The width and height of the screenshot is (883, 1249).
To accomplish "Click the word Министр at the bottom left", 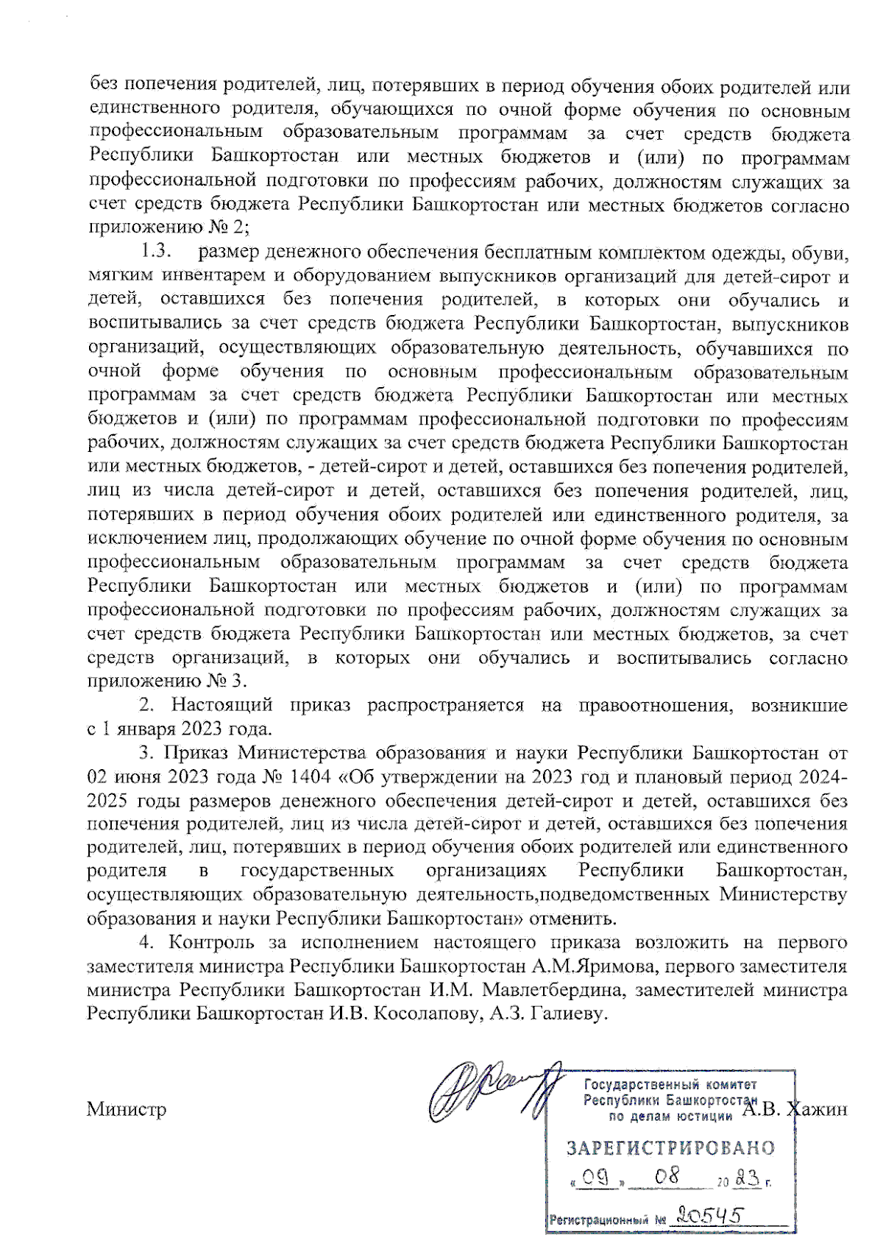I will click(126, 1109).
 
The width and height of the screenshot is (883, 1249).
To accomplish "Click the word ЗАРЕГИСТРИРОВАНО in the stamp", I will click(670, 1147).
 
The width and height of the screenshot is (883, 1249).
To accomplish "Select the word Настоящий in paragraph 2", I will click(222, 705).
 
